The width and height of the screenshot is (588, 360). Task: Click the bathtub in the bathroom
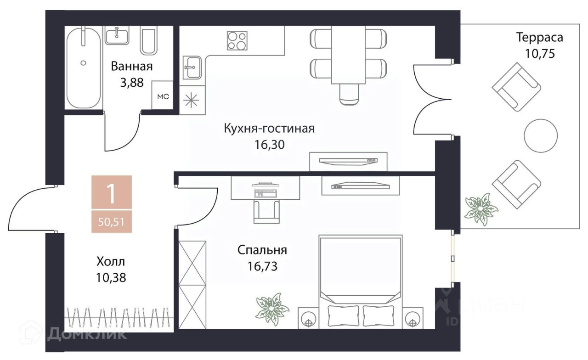click(x=84, y=67)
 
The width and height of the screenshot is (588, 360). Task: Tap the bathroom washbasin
click(x=117, y=35)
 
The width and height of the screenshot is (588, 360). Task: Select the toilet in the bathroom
click(x=148, y=40)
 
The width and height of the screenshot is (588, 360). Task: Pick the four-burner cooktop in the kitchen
click(x=237, y=41)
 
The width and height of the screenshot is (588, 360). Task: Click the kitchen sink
click(x=192, y=67)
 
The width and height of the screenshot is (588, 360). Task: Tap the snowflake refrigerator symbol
click(x=191, y=100)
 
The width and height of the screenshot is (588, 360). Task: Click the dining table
click(x=348, y=55)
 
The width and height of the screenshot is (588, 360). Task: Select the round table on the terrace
click(x=541, y=135)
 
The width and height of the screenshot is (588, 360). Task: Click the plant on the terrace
click(x=481, y=209)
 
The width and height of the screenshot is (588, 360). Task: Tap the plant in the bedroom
click(x=272, y=309)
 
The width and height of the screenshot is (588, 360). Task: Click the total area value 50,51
click(x=111, y=222)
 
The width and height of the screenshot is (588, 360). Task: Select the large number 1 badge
click(x=112, y=192)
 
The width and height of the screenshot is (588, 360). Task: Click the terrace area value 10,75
click(x=540, y=54)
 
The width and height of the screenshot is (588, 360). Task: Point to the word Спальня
click(x=262, y=250)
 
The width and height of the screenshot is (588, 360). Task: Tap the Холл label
click(x=111, y=261)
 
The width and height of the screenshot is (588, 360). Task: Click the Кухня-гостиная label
click(x=269, y=129)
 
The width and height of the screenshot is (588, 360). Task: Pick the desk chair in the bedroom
click(x=266, y=212)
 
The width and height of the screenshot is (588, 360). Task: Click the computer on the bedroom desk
click(x=266, y=190)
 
